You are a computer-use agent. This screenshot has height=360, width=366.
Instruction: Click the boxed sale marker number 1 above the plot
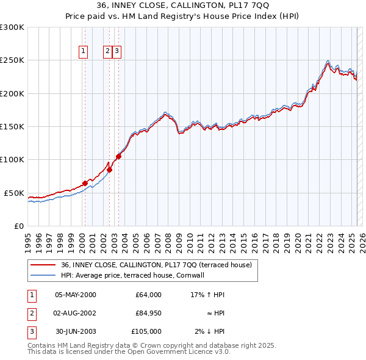coord(82,52)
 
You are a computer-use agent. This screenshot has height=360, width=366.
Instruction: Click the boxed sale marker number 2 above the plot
coord(107,52)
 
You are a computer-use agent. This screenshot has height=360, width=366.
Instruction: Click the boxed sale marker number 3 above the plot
coord(117,52)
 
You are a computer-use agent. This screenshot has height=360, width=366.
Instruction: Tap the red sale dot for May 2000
coord(85,183)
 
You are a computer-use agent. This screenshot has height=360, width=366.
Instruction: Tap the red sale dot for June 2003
coord(118,156)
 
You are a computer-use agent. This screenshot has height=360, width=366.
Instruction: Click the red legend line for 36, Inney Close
coord(43,265)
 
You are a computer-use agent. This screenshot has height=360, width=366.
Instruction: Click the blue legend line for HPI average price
coord(43,275)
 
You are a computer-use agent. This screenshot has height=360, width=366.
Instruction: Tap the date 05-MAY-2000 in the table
coord(76,295)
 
